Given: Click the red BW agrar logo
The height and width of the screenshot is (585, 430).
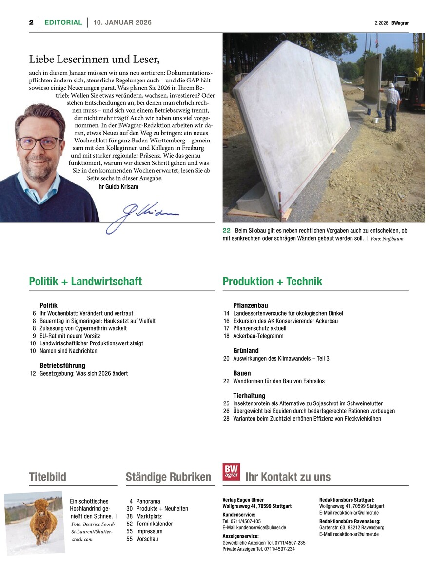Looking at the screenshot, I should click(231, 472).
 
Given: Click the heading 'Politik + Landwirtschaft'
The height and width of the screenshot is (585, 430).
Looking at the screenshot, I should click(85, 282).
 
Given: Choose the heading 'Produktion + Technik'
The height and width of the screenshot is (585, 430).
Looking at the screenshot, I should click(272, 282).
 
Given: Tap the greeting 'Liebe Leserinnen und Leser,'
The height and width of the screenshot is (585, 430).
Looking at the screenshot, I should click(95, 60).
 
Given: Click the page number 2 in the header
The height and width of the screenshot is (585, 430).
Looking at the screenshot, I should click(31, 22).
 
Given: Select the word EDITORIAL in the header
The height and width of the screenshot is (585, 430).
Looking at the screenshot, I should click(63, 22).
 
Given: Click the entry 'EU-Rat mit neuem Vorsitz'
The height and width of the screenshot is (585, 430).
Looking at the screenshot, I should click(70, 336).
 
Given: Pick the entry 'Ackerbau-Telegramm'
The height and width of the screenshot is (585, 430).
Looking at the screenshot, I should click(258, 336).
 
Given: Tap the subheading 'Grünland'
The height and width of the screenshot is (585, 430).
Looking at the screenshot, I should click(246, 351).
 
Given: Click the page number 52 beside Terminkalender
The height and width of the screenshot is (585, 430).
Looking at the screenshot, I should click(130, 524).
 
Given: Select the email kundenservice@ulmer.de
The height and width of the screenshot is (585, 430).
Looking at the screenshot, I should click(254, 527).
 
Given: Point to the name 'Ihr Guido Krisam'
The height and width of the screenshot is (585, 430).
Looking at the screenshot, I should click(118, 187).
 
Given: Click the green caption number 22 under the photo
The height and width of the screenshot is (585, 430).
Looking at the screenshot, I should click(227, 230).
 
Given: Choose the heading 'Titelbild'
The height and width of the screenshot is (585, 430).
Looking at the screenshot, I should click(47, 477).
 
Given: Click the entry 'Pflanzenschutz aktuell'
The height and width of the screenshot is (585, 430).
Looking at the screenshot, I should click(260, 328).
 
